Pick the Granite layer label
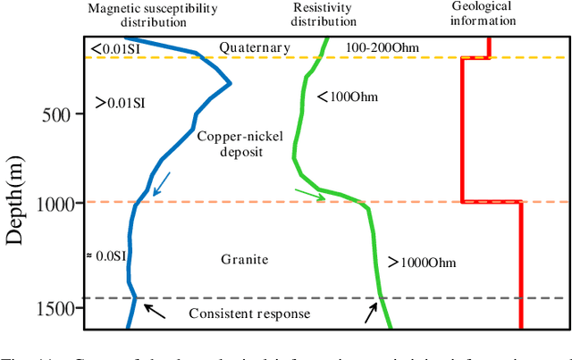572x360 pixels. [x=245, y=260]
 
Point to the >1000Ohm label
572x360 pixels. [x=422, y=262]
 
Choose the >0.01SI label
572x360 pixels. [x=119, y=103]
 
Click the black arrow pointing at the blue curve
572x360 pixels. [x=156, y=310]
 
